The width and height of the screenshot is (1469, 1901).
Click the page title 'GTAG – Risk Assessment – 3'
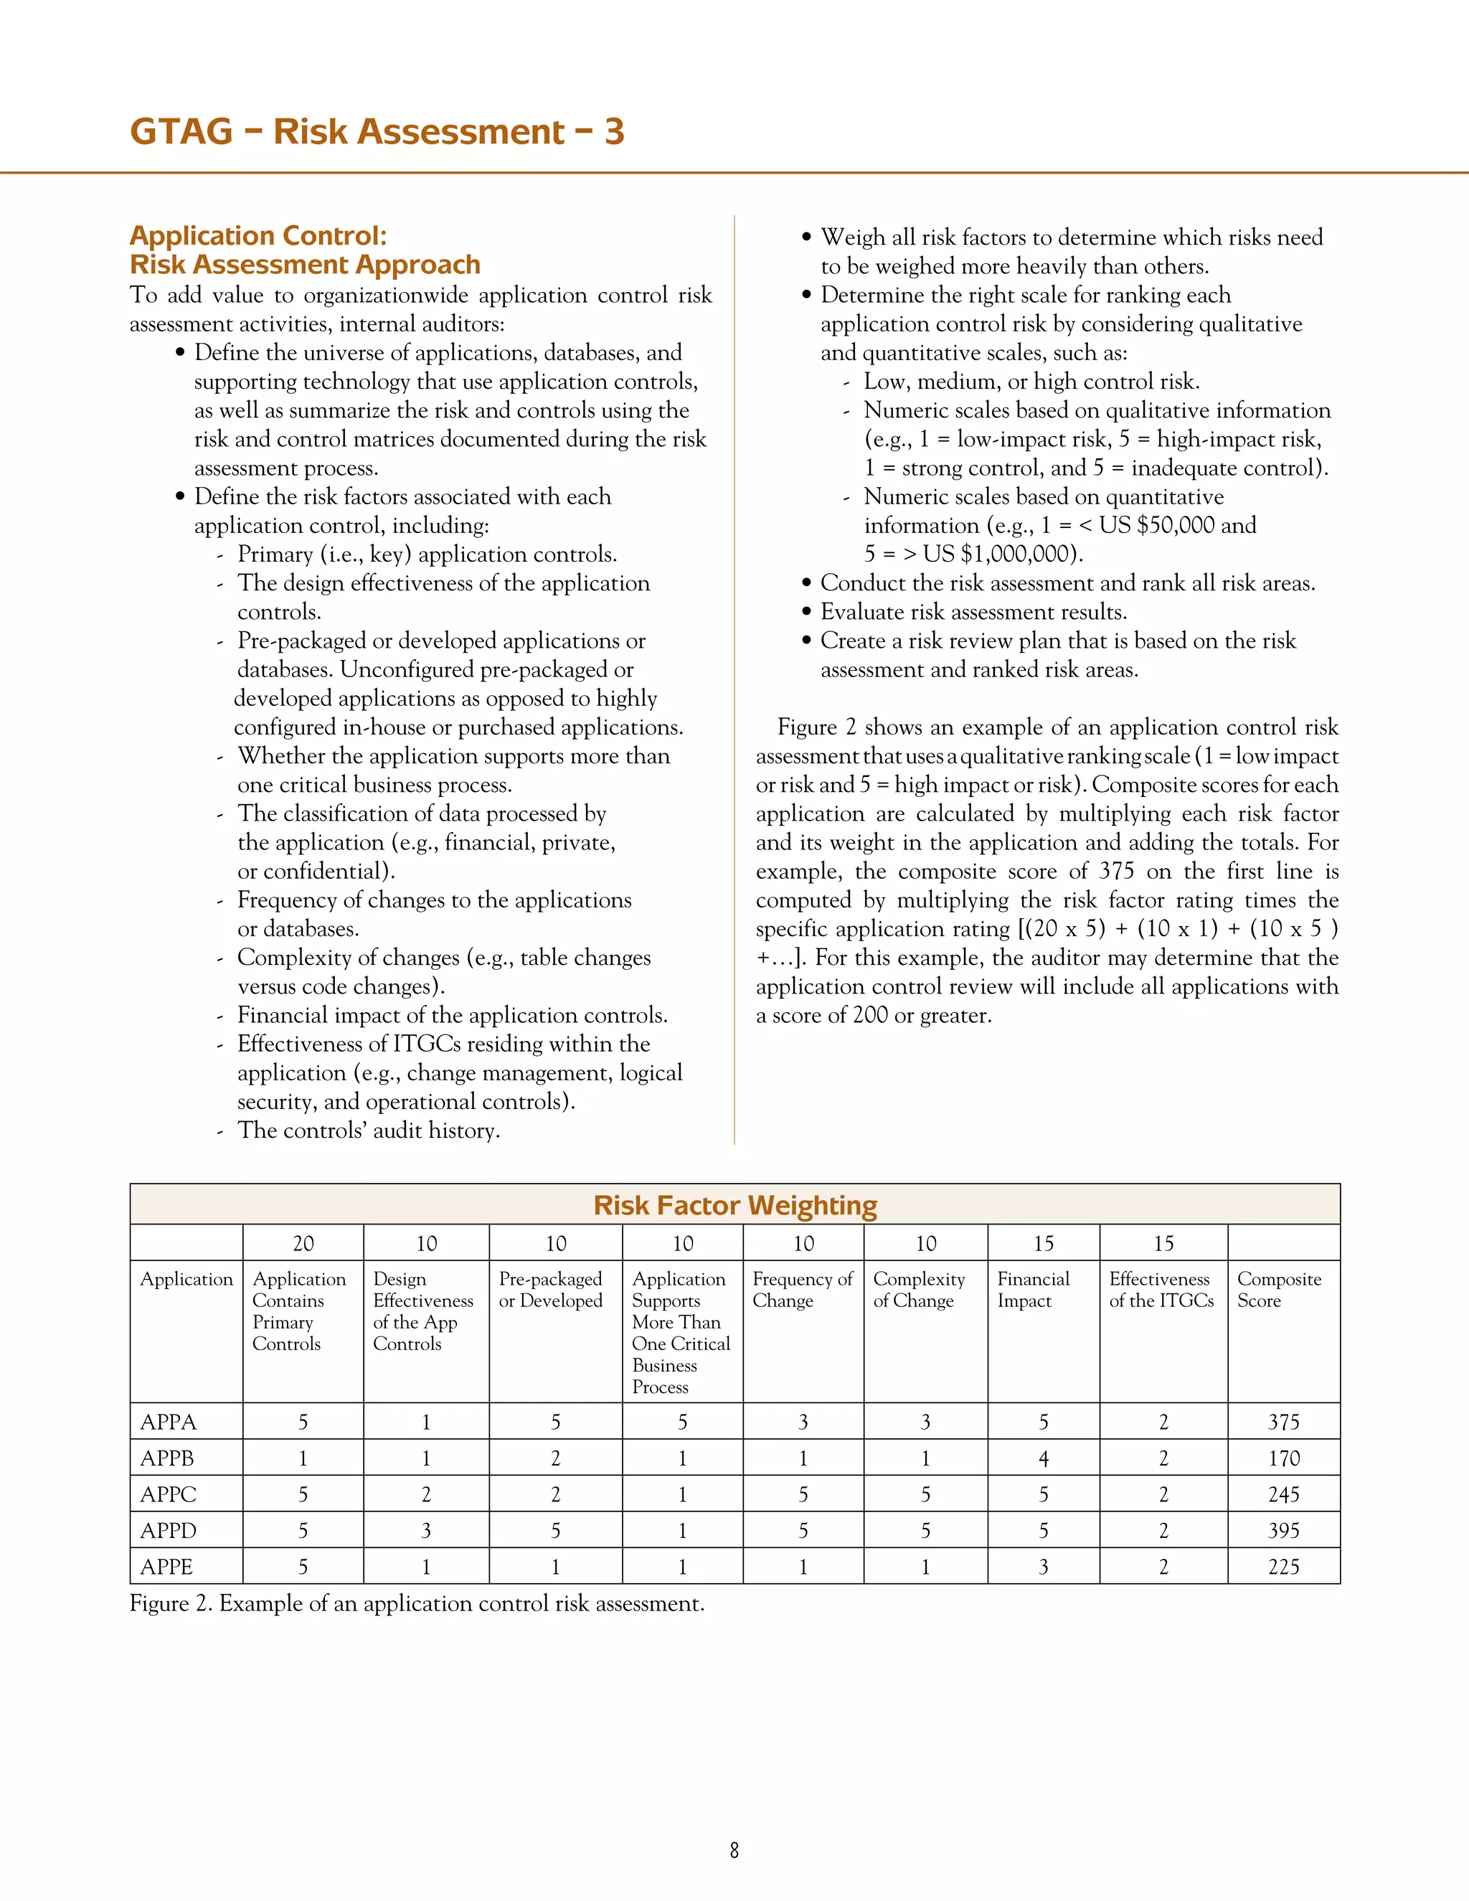[x=377, y=131]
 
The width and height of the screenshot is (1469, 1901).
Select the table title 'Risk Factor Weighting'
[x=734, y=1206]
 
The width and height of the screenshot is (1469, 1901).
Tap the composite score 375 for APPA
[x=1283, y=1423]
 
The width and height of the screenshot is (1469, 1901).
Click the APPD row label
[x=169, y=1531]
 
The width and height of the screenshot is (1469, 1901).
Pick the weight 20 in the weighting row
[x=303, y=1244]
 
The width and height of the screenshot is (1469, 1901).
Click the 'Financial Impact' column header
[x=1033, y=1290]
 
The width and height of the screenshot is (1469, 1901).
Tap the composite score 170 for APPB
[x=1283, y=1459]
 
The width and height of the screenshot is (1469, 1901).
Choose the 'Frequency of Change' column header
[x=801, y=1290]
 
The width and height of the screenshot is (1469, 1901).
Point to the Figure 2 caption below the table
[x=417, y=1603]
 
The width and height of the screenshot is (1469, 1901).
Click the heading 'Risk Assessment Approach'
[x=305, y=265]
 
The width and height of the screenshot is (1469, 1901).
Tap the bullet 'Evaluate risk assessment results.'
[x=973, y=612]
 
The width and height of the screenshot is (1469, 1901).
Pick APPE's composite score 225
[x=1283, y=1567]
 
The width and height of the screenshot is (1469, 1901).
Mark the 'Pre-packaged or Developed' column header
[x=550, y=1290]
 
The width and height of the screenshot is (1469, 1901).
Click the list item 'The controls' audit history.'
[x=368, y=1131]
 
